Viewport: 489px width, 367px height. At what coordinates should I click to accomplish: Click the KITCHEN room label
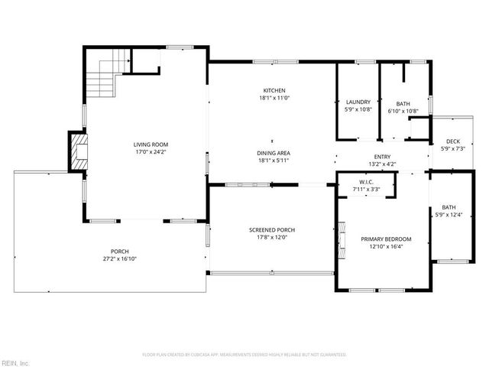pos(274,90)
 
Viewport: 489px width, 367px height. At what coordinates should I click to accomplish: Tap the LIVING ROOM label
pos(151,145)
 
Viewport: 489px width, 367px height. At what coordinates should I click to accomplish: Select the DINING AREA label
pos(273,153)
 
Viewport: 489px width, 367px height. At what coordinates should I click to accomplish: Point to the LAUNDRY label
pos(358,102)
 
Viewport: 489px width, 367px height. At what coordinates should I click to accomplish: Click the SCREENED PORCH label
pos(272,229)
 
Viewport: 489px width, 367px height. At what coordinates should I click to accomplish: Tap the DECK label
pos(453,141)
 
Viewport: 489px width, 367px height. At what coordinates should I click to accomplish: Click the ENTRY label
pos(382,157)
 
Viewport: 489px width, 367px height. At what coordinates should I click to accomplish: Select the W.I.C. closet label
pos(365,182)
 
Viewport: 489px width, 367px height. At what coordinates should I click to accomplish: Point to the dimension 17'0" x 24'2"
pos(151,151)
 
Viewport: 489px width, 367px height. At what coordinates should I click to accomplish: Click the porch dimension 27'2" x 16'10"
pos(119,258)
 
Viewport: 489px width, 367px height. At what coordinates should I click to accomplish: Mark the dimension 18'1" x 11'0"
pos(274,98)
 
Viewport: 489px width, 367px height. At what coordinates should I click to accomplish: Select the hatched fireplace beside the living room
pos(77,152)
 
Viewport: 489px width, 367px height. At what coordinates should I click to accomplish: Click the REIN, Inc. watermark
pos(15,362)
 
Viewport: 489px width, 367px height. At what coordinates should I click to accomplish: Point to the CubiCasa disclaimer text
pos(244,355)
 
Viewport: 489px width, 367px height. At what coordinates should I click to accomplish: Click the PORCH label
pos(119,252)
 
